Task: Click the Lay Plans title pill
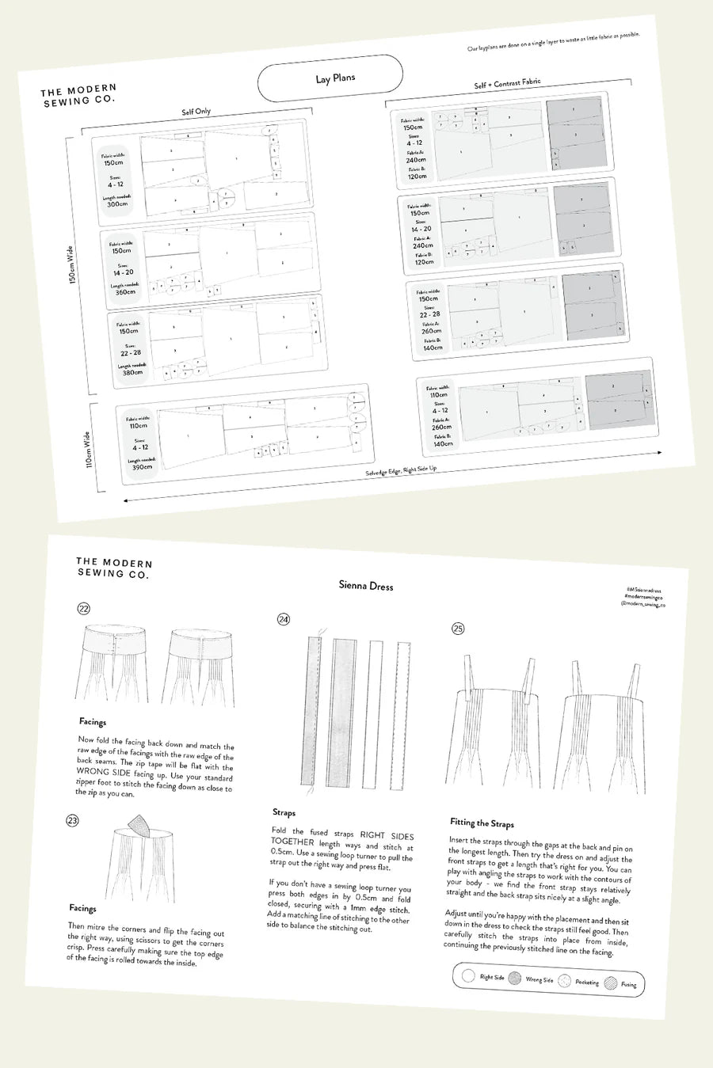tap(330, 78)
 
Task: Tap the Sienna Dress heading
tap(365, 586)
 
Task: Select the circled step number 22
tap(83, 609)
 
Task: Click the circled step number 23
tap(73, 820)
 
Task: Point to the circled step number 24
tap(284, 619)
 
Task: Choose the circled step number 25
tap(458, 629)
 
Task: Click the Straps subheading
tap(284, 812)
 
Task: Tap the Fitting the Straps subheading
tap(482, 823)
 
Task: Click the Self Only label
tap(196, 112)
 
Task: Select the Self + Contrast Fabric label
tap(507, 82)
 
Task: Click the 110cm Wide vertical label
tap(88, 448)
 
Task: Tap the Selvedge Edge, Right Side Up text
tap(400, 470)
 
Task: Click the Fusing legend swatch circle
tap(610, 983)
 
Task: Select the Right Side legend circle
tap(468, 976)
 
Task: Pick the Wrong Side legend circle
tap(515, 979)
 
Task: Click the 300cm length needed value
tap(117, 204)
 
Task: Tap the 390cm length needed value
tap(143, 467)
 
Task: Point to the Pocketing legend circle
tap(564, 981)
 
